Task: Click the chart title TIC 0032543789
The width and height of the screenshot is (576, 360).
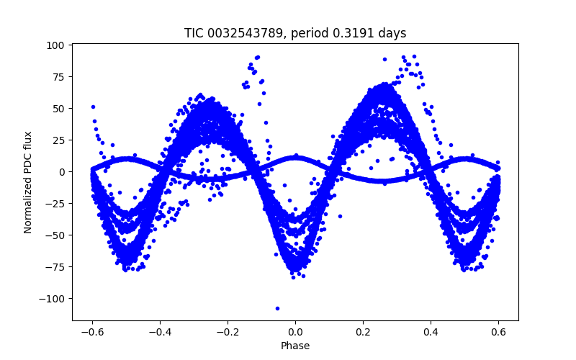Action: [x=295, y=33]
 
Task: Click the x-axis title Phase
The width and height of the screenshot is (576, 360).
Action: [x=295, y=346]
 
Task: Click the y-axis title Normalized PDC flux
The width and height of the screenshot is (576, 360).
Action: [x=28, y=181]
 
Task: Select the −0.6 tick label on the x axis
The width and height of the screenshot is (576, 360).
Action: [x=92, y=332]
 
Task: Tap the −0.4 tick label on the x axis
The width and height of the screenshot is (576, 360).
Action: [x=160, y=332]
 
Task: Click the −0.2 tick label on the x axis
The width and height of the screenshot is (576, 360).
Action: [x=228, y=332]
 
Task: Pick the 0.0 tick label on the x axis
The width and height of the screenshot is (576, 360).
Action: [x=295, y=332]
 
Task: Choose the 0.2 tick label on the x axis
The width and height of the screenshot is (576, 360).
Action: [x=363, y=332]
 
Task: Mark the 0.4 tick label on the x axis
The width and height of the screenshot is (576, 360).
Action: [x=431, y=332]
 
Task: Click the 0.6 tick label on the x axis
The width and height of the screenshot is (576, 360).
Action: [x=498, y=332]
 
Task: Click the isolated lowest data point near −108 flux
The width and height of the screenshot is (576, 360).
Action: [x=277, y=308]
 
